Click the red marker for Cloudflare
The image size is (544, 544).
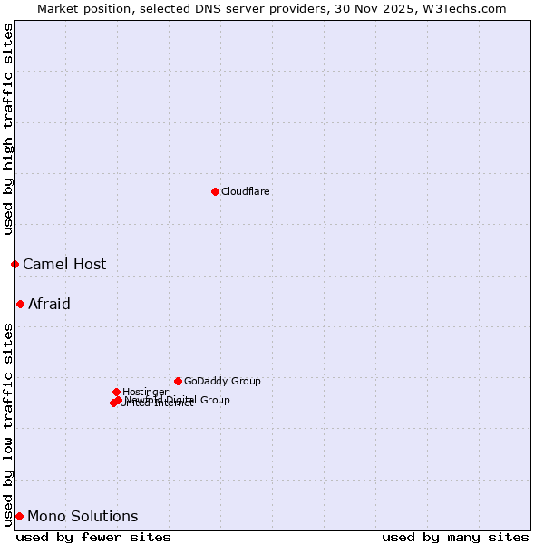(x=215, y=191)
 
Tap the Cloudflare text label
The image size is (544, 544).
(x=246, y=192)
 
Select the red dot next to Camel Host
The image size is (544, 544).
(x=15, y=264)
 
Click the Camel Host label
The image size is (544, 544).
(x=64, y=265)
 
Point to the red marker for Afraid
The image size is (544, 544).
(x=20, y=304)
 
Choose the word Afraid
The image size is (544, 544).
(x=49, y=305)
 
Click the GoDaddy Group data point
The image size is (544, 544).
(x=178, y=381)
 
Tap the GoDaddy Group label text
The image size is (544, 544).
(x=222, y=382)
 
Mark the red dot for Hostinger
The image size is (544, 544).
(x=116, y=392)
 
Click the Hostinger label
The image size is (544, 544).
(x=145, y=393)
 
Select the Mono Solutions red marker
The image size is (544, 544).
(x=19, y=516)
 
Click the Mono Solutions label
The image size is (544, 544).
(x=83, y=517)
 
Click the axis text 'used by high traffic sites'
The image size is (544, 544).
(x=9, y=130)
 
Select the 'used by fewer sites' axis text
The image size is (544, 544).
(x=93, y=537)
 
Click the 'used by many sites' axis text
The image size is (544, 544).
(x=455, y=537)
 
